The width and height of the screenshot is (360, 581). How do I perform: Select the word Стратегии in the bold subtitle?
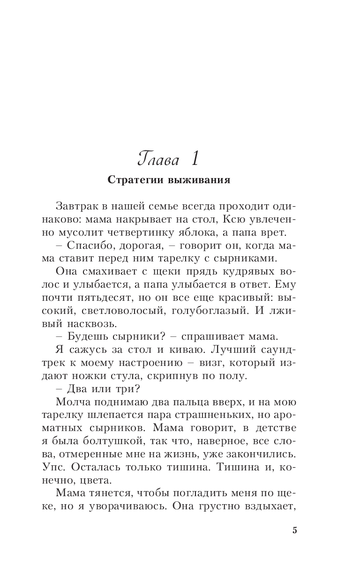[132, 180]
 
